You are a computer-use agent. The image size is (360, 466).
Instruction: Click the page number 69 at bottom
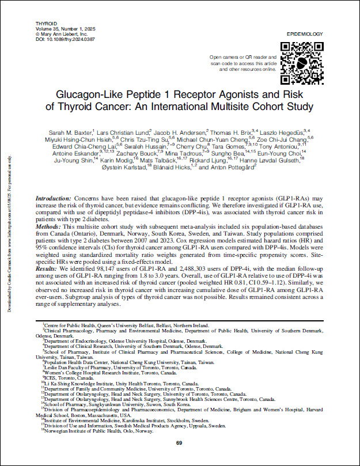pos(179,442)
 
